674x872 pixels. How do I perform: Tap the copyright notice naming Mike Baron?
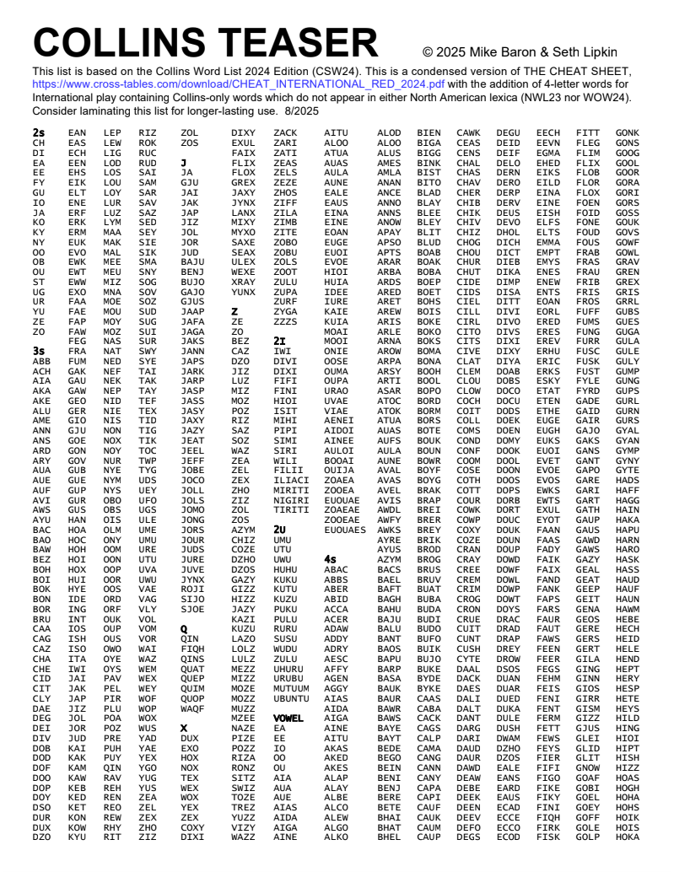click(x=520, y=52)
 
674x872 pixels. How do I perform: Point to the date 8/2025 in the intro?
click(x=300, y=110)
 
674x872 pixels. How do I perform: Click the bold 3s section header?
click(x=39, y=350)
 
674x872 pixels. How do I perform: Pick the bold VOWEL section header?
click(x=288, y=718)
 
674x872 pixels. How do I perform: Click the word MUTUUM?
click(x=291, y=688)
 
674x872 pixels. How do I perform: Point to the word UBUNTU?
click(x=291, y=698)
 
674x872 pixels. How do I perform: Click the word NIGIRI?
click(x=291, y=499)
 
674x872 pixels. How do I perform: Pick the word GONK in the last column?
click(x=627, y=133)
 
